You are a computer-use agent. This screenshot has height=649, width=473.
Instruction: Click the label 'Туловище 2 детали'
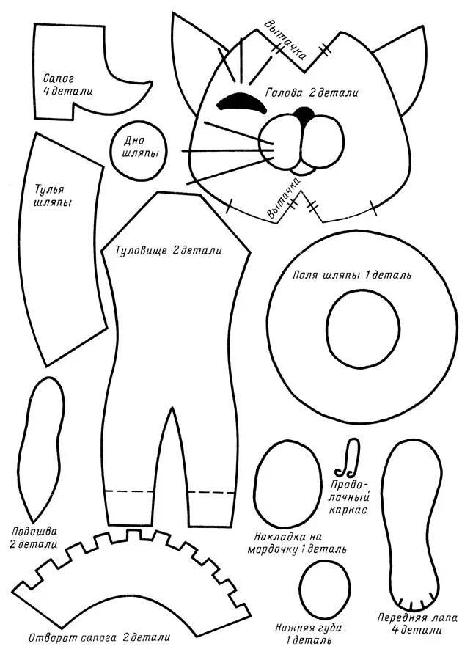[x=169, y=251]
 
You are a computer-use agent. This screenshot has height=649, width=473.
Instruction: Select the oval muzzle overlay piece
[x=287, y=480]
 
